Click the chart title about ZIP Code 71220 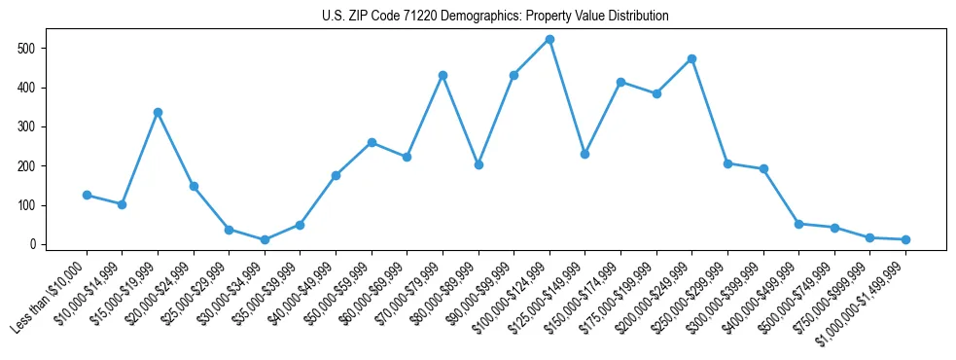point(495,17)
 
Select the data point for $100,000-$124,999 point(549,39)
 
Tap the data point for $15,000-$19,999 point(158,112)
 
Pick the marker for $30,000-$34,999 point(265,239)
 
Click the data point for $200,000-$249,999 point(691,58)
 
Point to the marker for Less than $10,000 point(87,195)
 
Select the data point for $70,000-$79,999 point(443,75)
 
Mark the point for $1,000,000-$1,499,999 point(905,239)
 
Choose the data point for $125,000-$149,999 point(584,154)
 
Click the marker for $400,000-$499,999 point(798,224)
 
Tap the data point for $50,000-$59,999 point(372,142)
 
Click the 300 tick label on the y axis point(35,126)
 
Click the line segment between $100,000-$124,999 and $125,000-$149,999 point(567,96)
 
